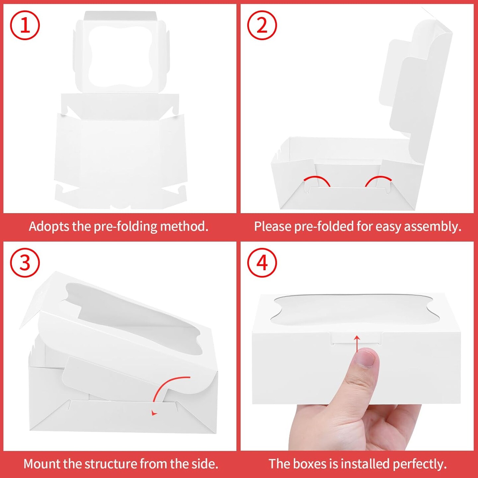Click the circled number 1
[x=25, y=25]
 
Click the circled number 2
[x=262, y=25]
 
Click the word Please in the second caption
[x=273, y=226]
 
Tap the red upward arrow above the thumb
[x=357, y=344]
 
